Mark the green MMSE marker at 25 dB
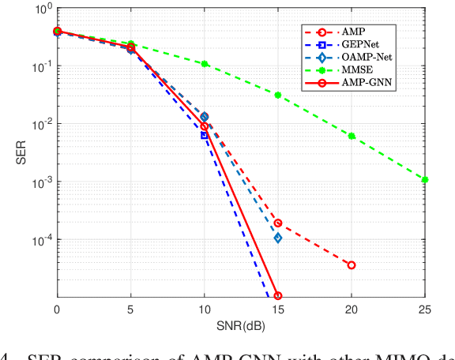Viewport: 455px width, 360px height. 425,180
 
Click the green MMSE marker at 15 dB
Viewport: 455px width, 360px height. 278,95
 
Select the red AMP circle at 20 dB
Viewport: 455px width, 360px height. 352,265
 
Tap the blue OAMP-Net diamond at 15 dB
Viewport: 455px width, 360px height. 278,238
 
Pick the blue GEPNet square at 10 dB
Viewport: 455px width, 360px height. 205,135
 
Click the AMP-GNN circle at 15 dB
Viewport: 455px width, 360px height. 278,296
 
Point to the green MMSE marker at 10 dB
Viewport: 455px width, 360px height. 205,63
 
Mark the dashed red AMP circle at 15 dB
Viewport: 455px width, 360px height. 278,223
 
